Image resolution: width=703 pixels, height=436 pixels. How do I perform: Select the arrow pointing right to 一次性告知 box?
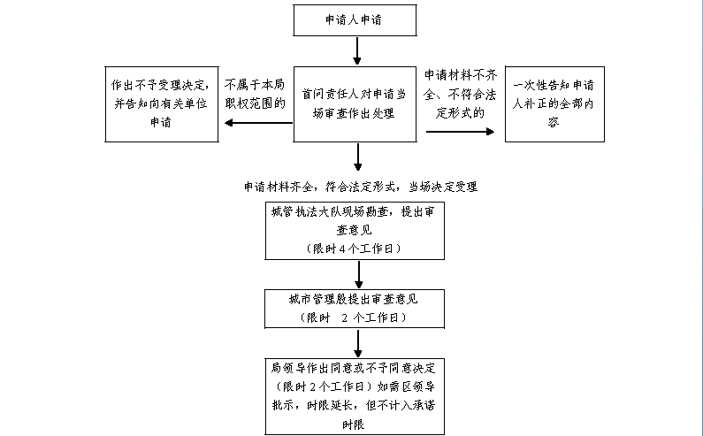point(460,131)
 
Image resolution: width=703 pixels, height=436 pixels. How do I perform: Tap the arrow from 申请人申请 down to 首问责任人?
point(357,51)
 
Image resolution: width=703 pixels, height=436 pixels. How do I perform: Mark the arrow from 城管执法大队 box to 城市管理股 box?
point(357,273)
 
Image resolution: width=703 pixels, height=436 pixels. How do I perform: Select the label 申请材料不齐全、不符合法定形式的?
point(459,94)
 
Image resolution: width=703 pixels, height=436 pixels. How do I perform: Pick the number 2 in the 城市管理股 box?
point(342,317)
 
